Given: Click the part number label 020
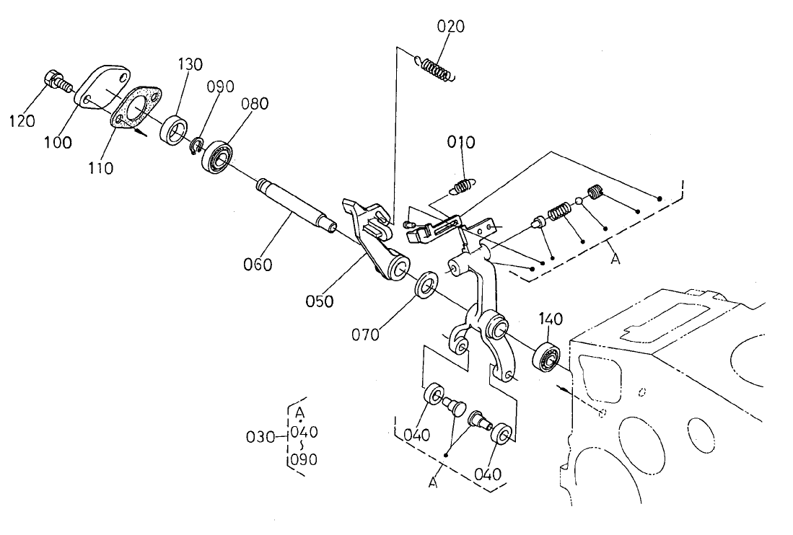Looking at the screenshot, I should click(x=451, y=27).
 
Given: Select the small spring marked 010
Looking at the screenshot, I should click(x=462, y=187).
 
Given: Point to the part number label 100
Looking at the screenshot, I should click(x=58, y=142).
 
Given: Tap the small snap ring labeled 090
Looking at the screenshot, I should click(x=196, y=147).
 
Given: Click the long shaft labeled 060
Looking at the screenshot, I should click(x=296, y=209).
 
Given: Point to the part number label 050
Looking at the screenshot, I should click(x=319, y=301).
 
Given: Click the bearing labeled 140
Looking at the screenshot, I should click(x=547, y=358).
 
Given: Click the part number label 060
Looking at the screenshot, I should click(x=258, y=265).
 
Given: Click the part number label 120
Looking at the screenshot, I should click(x=22, y=120).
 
